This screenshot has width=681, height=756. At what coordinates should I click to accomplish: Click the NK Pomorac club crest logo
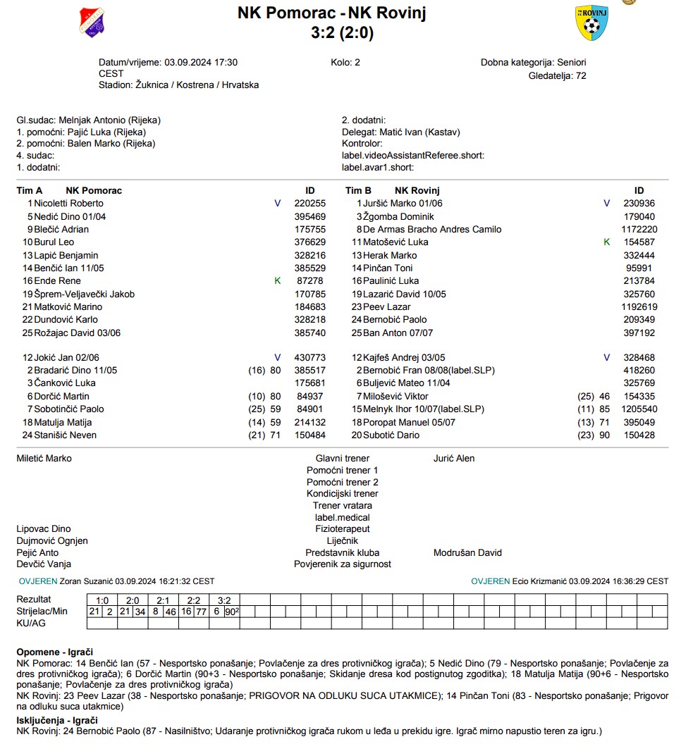(92, 22)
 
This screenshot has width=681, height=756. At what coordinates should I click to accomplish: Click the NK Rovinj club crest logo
(591, 23)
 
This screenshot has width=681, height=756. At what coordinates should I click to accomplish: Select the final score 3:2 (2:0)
(342, 32)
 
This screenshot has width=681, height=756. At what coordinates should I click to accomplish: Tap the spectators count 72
(581, 75)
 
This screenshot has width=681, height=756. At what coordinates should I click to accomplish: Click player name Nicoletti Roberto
(69, 204)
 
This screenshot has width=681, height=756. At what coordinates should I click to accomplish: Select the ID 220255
(309, 204)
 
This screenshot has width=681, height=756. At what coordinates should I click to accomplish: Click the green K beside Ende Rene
(277, 281)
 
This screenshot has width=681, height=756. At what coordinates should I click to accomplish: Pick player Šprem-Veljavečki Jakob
(84, 294)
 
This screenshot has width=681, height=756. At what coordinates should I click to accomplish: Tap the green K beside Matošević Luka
(606, 242)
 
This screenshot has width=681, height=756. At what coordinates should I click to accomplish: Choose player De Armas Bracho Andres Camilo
(432, 230)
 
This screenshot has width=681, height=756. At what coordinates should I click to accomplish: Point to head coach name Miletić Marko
(44, 459)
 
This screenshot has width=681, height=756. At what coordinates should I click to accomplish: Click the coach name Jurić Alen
(454, 459)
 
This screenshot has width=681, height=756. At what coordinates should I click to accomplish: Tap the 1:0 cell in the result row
(102, 600)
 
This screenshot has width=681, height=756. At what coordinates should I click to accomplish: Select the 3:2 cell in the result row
(224, 600)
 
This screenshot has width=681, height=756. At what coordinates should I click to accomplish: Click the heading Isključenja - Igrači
(57, 720)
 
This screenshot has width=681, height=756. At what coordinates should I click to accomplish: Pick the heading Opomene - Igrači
(54, 652)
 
